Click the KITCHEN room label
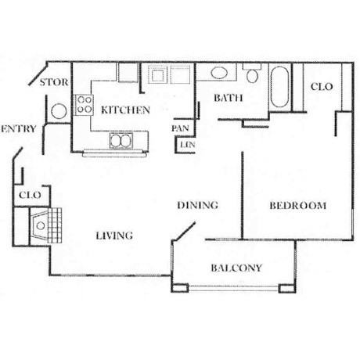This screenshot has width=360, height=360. [x=125, y=110]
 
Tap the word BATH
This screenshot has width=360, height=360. [x=229, y=98]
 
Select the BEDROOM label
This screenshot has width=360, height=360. [x=298, y=206]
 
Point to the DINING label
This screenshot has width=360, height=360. [x=197, y=205]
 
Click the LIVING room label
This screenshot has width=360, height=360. [x=114, y=236]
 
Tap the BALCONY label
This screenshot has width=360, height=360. [x=236, y=268]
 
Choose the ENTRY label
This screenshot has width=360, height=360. [x=18, y=129]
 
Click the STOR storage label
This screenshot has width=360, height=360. [x=54, y=82]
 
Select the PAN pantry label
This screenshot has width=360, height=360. [x=180, y=128]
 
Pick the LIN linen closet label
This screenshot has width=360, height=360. [x=188, y=144]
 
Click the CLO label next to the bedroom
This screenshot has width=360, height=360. [x=322, y=86]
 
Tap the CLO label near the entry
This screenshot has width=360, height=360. [x=30, y=195]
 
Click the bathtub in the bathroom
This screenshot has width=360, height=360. [x=279, y=87]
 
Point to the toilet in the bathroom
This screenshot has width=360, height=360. [x=252, y=73]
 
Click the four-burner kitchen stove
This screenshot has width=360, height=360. [x=85, y=105]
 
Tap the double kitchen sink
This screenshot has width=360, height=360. [x=121, y=141]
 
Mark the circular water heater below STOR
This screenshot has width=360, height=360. [x=59, y=111]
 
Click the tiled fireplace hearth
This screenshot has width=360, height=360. [x=55, y=225]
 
